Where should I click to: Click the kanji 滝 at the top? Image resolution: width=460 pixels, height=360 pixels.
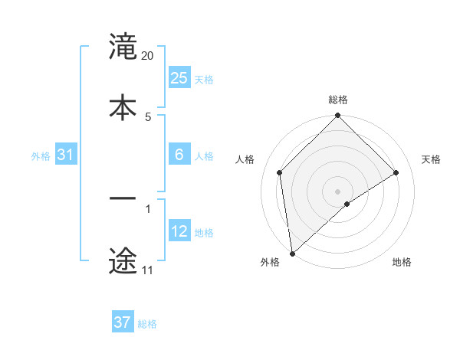click(x=123, y=47)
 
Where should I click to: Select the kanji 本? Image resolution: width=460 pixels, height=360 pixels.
click(x=123, y=106)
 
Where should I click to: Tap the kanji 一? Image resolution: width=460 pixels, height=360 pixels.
click(x=123, y=199)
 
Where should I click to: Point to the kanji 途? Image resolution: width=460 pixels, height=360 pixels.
click(x=123, y=260)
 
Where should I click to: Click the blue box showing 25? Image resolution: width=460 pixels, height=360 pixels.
click(x=179, y=78)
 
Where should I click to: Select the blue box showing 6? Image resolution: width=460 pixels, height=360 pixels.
click(x=179, y=155)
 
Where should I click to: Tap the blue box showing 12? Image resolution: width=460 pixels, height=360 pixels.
click(x=179, y=231)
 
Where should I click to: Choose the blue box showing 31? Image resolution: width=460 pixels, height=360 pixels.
click(x=66, y=155)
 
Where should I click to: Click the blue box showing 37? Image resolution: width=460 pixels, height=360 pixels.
click(x=123, y=322)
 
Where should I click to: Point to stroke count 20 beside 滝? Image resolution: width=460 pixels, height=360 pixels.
click(x=148, y=56)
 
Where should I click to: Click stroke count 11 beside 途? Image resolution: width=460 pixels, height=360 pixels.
click(x=147, y=270)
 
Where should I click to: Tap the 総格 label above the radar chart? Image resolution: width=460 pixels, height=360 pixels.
click(x=338, y=100)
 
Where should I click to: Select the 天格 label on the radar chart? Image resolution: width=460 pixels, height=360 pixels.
click(x=432, y=159)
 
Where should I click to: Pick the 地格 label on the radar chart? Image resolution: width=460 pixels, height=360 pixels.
click(x=402, y=262)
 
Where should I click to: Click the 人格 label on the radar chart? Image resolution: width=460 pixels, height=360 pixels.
click(x=245, y=159)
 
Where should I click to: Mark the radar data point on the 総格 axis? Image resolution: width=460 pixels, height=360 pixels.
click(x=338, y=116)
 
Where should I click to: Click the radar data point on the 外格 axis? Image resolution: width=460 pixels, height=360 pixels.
click(x=291, y=254)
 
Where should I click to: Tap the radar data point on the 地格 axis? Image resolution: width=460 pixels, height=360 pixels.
click(x=347, y=204)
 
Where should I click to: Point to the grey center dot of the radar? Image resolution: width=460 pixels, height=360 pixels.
click(x=338, y=191)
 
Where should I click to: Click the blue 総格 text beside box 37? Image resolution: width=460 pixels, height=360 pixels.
click(x=148, y=324)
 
